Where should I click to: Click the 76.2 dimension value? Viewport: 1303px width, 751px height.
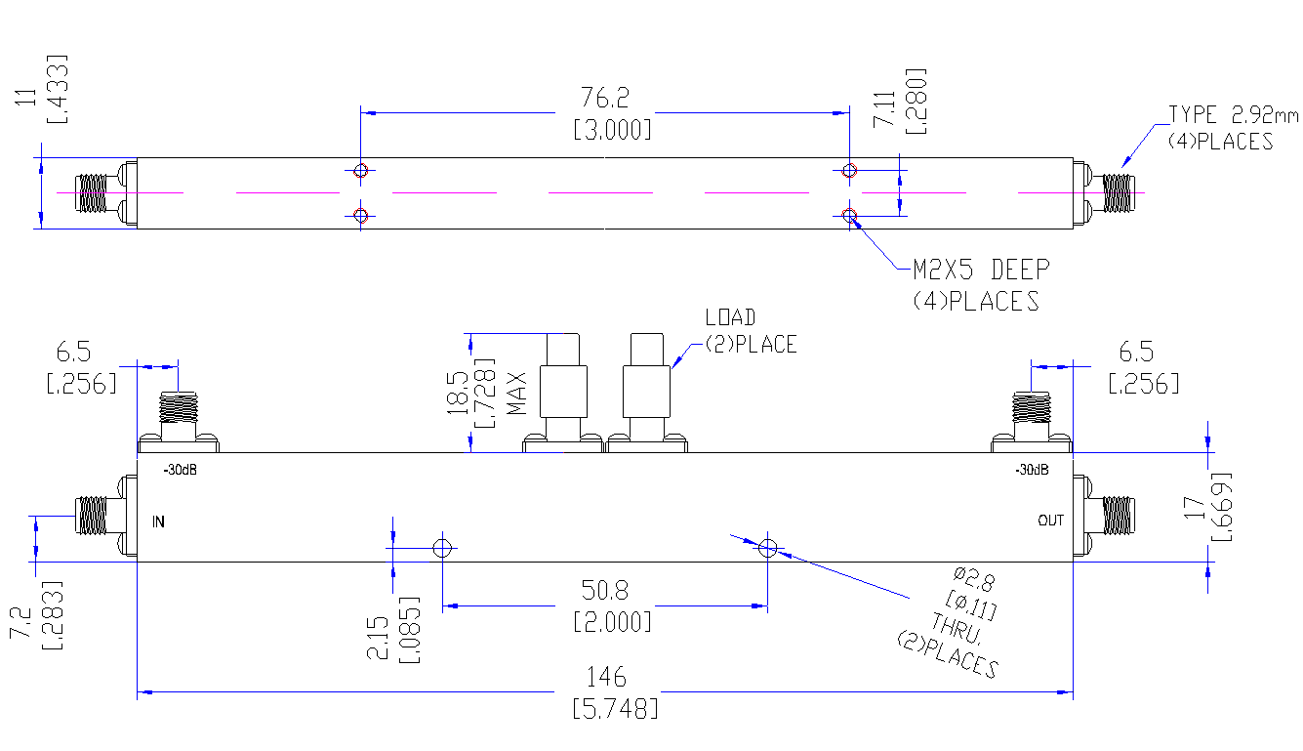click(605, 98)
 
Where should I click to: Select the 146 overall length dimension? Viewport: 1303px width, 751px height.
click(606, 677)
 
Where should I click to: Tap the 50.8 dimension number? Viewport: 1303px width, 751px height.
click(605, 590)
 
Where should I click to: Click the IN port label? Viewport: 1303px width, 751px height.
click(158, 522)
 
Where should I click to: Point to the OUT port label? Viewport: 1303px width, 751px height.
click(1050, 521)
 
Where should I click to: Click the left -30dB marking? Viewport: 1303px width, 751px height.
click(181, 470)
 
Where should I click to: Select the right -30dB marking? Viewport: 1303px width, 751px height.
click(1032, 470)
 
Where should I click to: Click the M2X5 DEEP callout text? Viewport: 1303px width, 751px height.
click(981, 270)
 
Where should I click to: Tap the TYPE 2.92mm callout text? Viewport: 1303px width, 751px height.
click(1233, 114)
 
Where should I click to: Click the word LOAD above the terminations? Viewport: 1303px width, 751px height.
click(730, 317)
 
